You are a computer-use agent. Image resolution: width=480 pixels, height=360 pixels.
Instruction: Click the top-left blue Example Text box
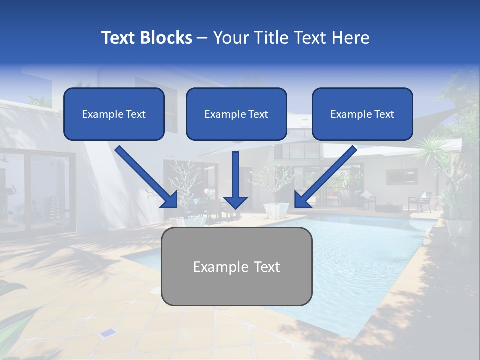point(114,114)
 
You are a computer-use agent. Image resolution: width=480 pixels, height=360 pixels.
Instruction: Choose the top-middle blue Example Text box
point(236,114)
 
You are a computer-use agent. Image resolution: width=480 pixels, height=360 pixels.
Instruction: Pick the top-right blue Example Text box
point(362,114)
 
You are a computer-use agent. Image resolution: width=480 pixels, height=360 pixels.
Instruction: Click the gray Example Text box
point(236,266)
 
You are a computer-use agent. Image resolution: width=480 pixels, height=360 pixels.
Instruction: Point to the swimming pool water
point(360,260)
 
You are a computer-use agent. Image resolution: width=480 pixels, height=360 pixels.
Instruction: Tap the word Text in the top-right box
point(384,114)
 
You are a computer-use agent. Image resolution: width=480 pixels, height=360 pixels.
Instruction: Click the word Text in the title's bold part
point(119,38)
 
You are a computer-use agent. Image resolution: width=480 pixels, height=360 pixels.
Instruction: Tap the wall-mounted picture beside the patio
point(402,176)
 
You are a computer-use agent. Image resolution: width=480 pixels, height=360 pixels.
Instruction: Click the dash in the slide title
point(202,38)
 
